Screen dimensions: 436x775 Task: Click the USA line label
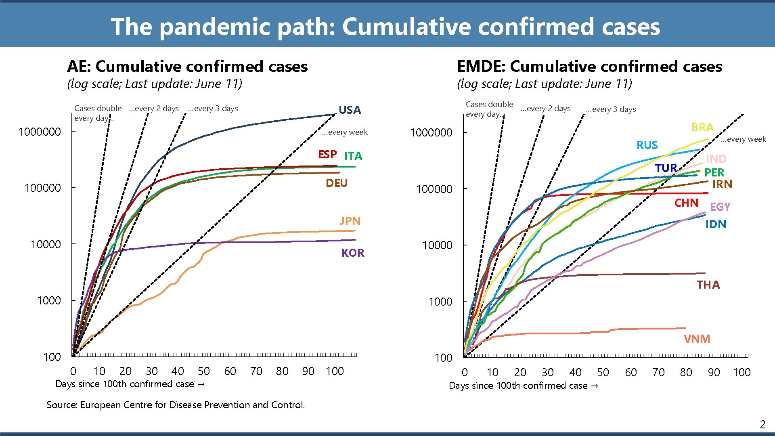click(350, 110)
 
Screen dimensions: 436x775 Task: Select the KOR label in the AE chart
click(352, 253)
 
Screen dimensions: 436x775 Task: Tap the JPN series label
click(350, 221)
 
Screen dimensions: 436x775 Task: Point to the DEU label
click(336, 183)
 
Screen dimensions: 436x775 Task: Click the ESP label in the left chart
click(327, 155)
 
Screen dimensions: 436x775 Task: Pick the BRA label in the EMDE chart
click(702, 128)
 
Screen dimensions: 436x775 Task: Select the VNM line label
click(697, 339)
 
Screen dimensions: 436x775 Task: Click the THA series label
click(708, 285)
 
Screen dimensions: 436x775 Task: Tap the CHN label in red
click(686, 203)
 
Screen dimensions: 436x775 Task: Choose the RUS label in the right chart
click(647, 145)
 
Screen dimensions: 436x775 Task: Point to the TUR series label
click(666, 168)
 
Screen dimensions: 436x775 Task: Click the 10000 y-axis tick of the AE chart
click(46, 245)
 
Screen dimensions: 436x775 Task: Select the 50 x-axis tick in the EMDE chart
click(603, 372)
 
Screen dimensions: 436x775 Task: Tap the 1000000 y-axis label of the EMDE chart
click(431, 133)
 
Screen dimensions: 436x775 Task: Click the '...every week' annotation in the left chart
click(345, 132)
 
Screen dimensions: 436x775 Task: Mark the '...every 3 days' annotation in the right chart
click(611, 109)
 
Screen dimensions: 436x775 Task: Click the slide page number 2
click(762, 424)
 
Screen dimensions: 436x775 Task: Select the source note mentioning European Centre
click(176, 405)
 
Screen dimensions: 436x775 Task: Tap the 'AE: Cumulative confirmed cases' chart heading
click(187, 66)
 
